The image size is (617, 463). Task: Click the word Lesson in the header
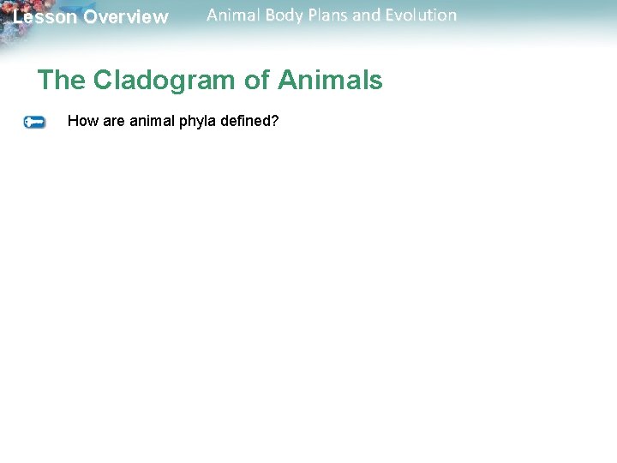point(45,17)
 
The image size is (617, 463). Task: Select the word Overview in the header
point(126,17)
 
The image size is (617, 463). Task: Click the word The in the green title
point(62,81)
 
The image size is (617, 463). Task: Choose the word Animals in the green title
point(330,81)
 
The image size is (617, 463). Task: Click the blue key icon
point(34,123)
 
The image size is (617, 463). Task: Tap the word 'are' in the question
point(114,121)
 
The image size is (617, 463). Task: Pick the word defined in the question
point(243,121)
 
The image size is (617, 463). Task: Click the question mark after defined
point(274,121)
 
